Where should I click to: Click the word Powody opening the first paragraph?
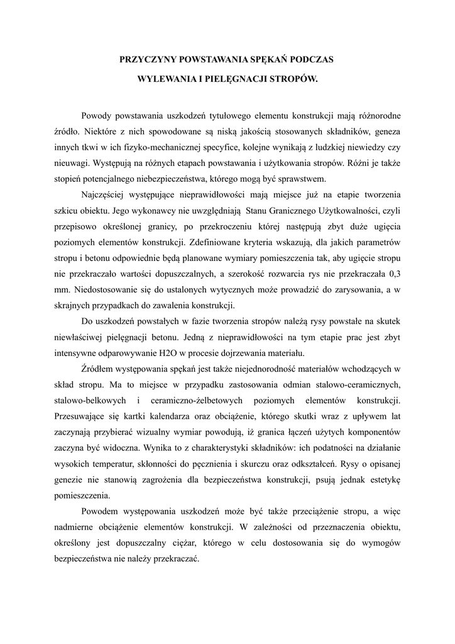97,116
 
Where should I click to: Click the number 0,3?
395,275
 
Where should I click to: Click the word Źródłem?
99,369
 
